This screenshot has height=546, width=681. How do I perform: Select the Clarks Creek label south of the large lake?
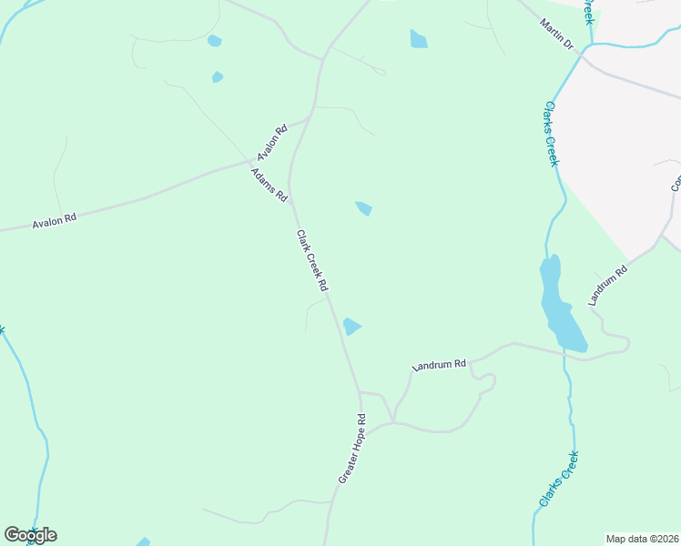click(x=558, y=479)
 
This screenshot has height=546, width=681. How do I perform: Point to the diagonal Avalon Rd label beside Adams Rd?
click(x=272, y=142)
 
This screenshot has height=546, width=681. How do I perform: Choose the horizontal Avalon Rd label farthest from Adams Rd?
click(x=55, y=219)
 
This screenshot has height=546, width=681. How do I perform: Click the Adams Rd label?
click(x=270, y=185)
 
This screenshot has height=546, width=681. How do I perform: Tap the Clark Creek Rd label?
click(x=311, y=260)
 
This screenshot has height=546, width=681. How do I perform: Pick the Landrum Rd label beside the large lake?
click(x=609, y=285)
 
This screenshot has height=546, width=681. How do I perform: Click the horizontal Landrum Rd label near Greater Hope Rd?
click(x=439, y=365)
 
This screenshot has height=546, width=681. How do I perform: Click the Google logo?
click(x=30, y=535)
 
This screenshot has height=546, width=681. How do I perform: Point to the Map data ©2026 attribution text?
click(x=643, y=539)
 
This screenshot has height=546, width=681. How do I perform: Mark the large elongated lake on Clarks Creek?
click(x=561, y=305)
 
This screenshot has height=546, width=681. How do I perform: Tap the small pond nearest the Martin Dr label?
click(x=418, y=39)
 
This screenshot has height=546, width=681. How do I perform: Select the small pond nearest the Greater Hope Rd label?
click(x=351, y=326)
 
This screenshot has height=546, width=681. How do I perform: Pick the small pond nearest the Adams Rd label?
click(x=363, y=208)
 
